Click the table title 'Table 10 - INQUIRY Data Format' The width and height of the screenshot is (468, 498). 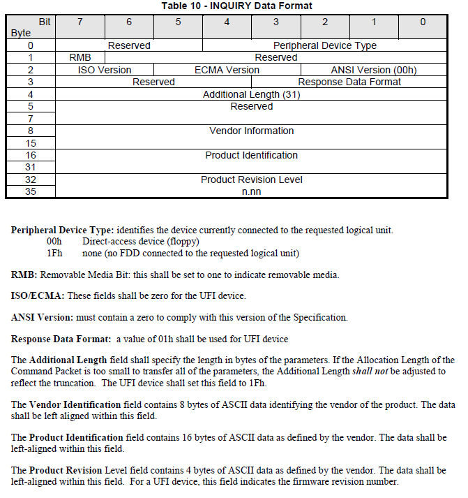237,6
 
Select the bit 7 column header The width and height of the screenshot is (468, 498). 80,22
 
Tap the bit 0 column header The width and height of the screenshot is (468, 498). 422,22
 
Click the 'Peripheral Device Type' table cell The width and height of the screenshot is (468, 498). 330,46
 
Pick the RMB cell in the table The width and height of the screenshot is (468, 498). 80,58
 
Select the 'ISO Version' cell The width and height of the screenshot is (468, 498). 105,70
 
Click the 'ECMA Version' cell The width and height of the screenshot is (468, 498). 227,70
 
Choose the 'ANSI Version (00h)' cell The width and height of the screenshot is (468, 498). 373,70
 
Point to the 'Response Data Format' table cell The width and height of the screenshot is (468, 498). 349,82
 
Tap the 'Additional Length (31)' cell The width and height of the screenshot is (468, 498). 251,94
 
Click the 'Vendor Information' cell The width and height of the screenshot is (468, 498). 251,131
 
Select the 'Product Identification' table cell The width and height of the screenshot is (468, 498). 251,155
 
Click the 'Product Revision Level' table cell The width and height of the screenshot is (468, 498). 251,180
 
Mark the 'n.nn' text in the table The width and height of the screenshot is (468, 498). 251,191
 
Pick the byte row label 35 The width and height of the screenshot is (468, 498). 31,191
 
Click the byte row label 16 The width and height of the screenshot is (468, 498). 31,155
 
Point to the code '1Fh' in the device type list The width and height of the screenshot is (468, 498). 54,253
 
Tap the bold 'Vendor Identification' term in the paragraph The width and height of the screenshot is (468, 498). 75,404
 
